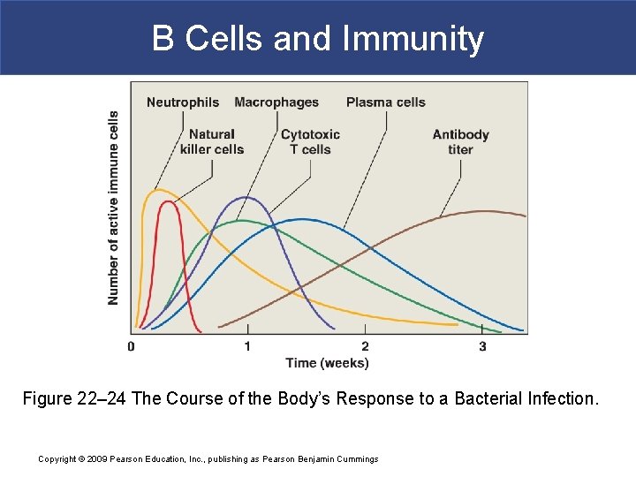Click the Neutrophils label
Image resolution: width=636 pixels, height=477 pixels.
(182, 102)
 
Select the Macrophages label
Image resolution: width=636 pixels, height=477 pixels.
(276, 102)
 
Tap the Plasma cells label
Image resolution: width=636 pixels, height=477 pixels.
(385, 102)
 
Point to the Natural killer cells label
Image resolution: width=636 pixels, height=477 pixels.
(211, 142)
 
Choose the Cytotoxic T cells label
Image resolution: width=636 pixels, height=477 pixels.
(310, 142)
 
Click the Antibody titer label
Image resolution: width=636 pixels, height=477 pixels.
(460, 142)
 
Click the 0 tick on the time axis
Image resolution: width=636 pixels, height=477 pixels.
(131, 346)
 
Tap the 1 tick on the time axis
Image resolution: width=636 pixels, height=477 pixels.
(247, 346)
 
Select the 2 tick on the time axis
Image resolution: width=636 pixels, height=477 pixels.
(365, 346)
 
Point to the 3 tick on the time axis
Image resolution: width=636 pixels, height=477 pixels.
(482, 346)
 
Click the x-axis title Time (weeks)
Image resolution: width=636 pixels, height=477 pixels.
(327, 363)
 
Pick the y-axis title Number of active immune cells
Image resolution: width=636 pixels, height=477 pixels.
(113, 208)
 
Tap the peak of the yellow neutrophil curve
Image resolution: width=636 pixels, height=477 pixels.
(156, 190)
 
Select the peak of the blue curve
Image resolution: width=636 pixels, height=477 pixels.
(303, 218)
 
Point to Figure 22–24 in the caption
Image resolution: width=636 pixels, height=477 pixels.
(74, 398)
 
